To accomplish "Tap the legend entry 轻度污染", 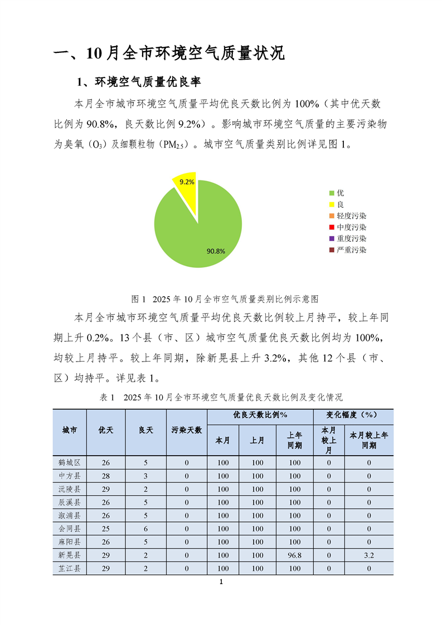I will (x=348, y=216).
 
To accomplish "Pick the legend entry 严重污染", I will (x=348, y=250).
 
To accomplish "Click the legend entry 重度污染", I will (x=348, y=238).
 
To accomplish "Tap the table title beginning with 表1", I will (x=221, y=397).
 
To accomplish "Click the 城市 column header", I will (x=70, y=431).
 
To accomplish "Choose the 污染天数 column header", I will (x=187, y=431).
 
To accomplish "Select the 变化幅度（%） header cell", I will (x=352, y=416).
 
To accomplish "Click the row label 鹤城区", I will (x=70, y=462).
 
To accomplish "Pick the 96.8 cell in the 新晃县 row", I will (x=294, y=555).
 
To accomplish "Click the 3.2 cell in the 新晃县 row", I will (x=368, y=555).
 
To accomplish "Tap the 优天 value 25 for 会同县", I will (x=106, y=529).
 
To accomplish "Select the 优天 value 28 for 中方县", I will (x=106, y=476).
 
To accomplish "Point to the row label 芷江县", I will (x=70, y=569).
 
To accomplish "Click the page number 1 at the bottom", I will (x=221, y=583).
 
